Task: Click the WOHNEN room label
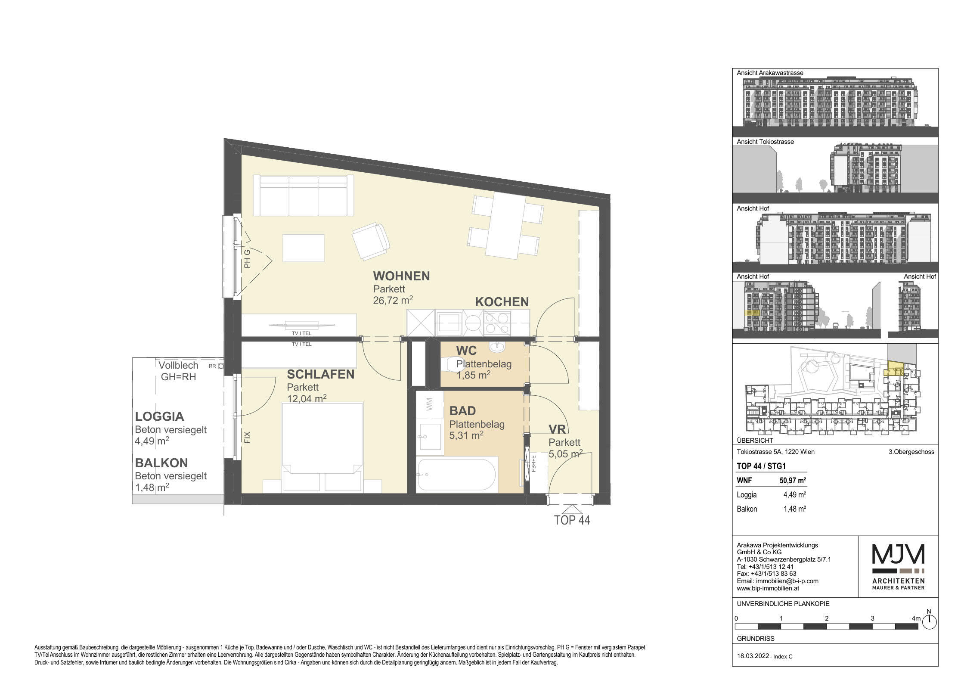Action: tap(401, 276)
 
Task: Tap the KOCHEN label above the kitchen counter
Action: tap(502, 302)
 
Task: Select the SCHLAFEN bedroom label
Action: tap(321, 375)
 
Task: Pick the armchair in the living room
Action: tap(371, 241)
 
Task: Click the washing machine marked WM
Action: tap(429, 405)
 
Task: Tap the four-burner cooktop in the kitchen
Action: tap(496, 323)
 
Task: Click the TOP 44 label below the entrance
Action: tap(572, 520)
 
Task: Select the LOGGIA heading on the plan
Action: tap(159, 416)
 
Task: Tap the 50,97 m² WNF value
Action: tap(793, 481)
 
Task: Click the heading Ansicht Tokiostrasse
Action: tap(765, 142)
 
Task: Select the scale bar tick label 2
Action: tap(827, 618)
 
